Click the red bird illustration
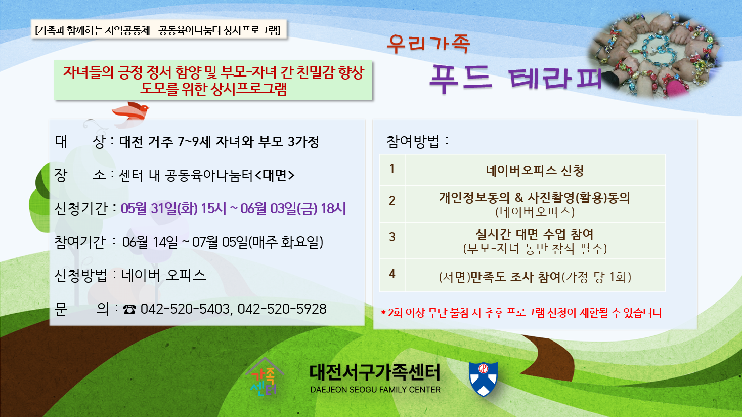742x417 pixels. (x=130, y=111)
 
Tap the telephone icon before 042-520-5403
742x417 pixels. (x=129, y=309)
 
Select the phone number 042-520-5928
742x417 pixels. (x=282, y=309)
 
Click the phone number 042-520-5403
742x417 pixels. (x=185, y=309)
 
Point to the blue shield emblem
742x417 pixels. (x=484, y=379)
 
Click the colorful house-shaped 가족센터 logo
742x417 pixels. (x=265, y=377)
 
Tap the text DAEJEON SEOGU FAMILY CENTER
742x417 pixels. (x=375, y=390)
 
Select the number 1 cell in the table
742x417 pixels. (x=392, y=169)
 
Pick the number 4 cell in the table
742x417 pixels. (x=392, y=274)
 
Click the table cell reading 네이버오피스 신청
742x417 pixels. (x=535, y=171)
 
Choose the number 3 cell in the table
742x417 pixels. (x=392, y=237)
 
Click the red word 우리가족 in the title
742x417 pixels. (x=428, y=44)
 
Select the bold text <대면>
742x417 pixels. (x=275, y=175)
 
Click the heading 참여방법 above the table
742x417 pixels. (x=413, y=142)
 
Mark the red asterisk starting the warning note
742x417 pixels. (x=383, y=313)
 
